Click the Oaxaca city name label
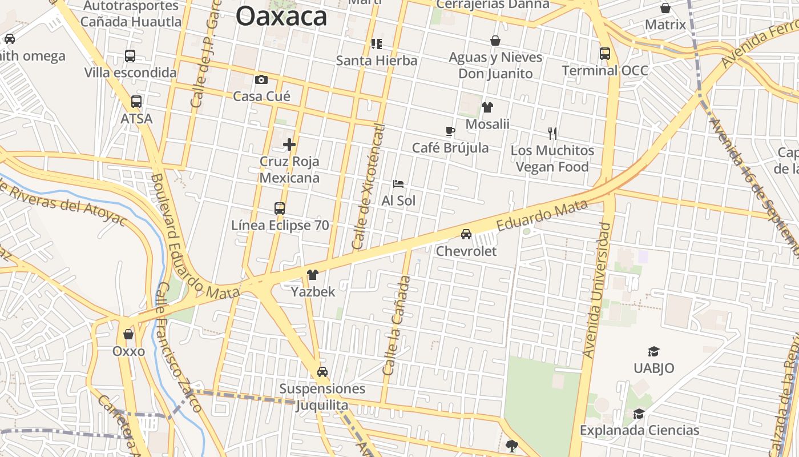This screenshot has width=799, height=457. (x=281, y=16)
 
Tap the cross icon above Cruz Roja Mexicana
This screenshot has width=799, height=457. (x=289, y=145)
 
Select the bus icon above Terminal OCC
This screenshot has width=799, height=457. (x=605, y=54)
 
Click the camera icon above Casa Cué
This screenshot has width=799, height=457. (x=261, y=79)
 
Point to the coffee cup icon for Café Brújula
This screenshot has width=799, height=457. (x=450, y=131)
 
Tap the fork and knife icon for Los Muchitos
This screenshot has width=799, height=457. (x=552, y=134)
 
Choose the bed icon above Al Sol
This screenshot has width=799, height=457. (x=398, y=184)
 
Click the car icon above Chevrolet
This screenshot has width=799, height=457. (x=466, y=234)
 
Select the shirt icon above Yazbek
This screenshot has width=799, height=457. (x=313, y=275)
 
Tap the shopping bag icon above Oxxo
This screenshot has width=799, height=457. (x=128, y=334)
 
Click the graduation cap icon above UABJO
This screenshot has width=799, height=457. (x=653, y=351)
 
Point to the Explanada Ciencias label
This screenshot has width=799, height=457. (x=639, y=430)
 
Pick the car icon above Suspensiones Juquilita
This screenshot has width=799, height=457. (x=322, y=372)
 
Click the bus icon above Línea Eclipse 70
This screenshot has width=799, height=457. (x=280, y=209)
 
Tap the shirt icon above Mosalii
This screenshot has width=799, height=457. (x=487, y=107)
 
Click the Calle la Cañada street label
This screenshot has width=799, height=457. (x=397, y=326)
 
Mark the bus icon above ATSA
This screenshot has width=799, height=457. (x=136, y=102)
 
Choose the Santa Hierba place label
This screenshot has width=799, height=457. (x=376, y=60)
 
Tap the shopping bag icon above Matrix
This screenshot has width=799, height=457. (x=665, y=8)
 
